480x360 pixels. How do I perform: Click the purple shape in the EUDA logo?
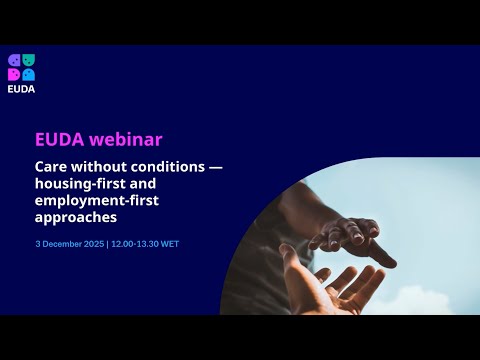coord(14,61)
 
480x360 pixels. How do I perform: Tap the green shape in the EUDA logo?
coord(28,61)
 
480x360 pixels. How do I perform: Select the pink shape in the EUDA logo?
coord(14,74)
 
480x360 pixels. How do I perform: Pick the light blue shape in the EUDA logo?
coord(28,74)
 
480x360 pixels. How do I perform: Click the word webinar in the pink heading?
coord(126,139)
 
